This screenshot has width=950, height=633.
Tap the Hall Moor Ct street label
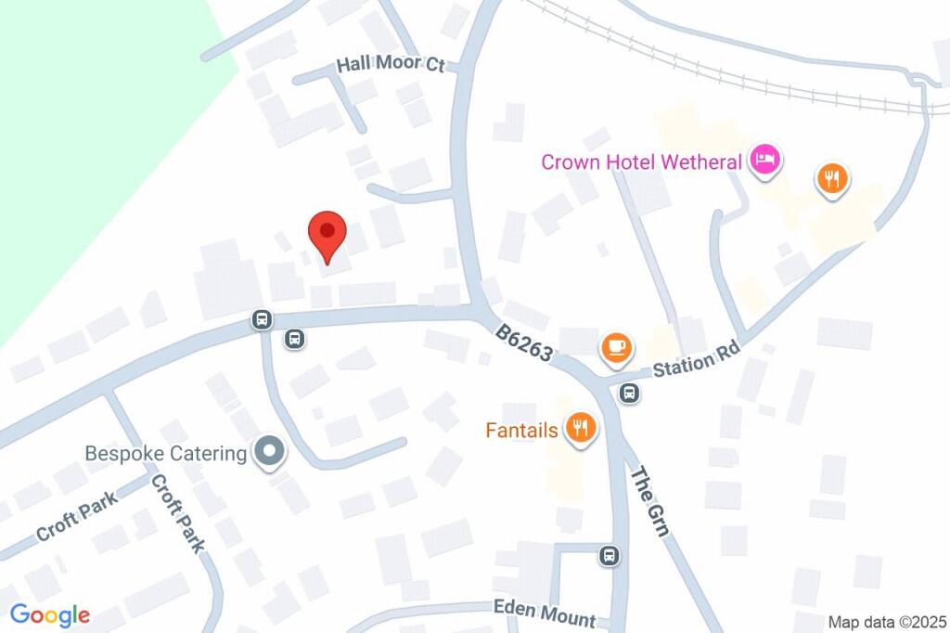coord(391,66)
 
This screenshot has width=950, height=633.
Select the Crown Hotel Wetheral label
coord(642,161)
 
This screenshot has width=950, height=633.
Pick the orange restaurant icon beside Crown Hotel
coord(832,179)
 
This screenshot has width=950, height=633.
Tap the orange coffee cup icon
coord(617,348)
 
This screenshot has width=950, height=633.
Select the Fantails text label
coord(521,430)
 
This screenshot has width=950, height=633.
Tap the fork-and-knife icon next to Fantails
coord(582,428)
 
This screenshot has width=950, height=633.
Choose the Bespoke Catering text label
coord(166,454)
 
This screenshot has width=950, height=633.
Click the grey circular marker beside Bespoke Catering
coord(270,452)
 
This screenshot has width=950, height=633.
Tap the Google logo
coord(50,614)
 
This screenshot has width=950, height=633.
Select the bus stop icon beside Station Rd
coord(630,393)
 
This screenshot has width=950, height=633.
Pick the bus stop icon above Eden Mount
coord(610,556)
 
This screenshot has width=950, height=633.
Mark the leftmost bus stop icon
coord(263,320)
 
